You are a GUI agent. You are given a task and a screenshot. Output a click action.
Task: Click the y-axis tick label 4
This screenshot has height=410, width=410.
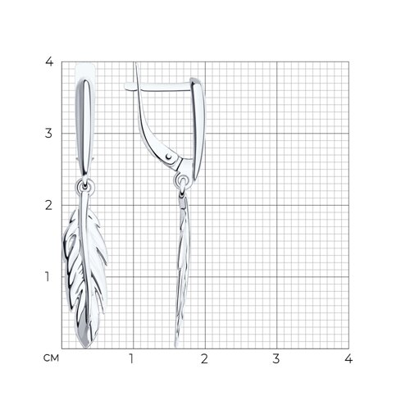pyautogui.click(x=49, y=61)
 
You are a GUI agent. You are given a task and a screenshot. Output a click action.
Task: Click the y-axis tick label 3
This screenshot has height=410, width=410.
pyautogui.click(x=48, y=134)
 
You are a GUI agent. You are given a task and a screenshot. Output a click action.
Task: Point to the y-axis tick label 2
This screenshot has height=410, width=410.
pyautogui.click(x=48, y=205)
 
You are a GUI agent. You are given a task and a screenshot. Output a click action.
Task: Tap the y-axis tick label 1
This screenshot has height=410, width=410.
pyautogui.click(x=48, y=276)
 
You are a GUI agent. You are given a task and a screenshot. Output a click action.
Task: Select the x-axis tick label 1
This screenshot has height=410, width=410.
pyautogui.click(x=131, y=358)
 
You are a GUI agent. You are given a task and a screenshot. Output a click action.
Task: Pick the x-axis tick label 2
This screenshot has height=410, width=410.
pyautogui.click(x=204, y=358)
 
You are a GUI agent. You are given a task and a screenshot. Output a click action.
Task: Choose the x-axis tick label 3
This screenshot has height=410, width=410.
pyautogui.click(x=276, y=358)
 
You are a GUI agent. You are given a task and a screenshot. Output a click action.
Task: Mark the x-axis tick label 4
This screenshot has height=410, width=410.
pyautogui.click(x=348, y=358)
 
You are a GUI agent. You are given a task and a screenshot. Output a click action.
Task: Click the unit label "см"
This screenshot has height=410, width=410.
pyautogui.click(x=51, y=358)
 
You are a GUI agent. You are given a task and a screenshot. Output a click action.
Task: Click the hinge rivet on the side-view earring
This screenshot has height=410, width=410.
pyautogui.click(x=169, y=157)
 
